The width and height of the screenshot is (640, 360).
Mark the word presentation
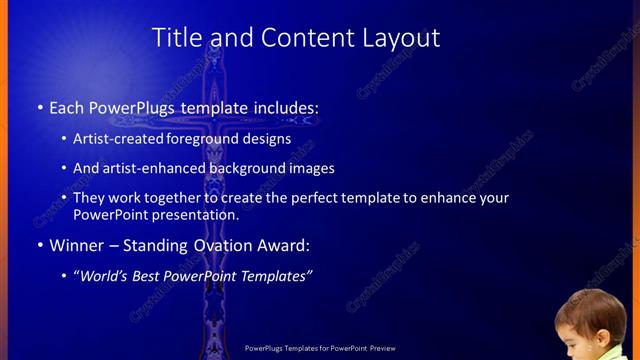[197, 214]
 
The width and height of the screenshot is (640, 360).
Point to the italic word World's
[107, 276]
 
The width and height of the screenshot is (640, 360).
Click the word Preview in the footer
[383, 348]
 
